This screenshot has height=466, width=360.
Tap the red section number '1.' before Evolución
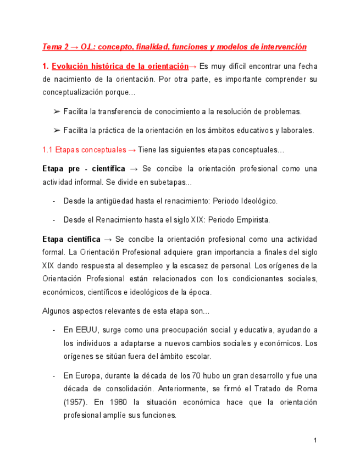(x=46, y=66)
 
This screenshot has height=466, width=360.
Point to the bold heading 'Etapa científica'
(x=71, y=240)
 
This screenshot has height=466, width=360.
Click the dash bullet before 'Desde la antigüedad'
(x=54, y=201)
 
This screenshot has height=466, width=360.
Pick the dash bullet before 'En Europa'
(x=54, y=376)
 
